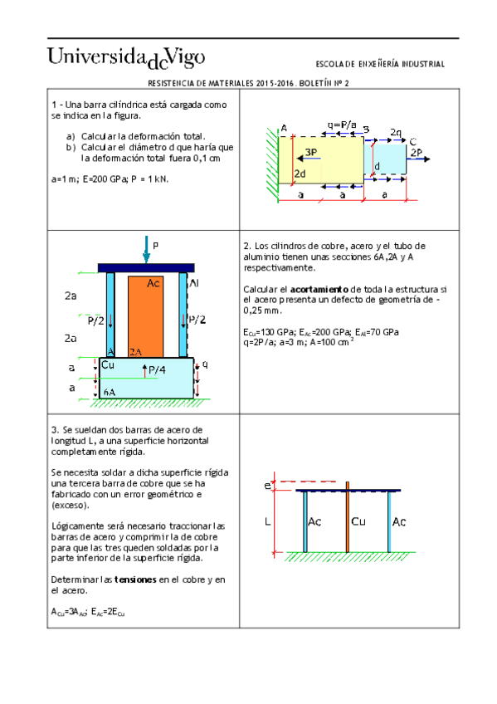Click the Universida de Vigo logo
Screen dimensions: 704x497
(x=125, y=58)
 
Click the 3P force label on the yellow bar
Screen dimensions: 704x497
(x=310, y=152)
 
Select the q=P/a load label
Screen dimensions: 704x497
(x=342, y=125)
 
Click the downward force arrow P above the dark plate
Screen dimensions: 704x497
(x=146, y=249)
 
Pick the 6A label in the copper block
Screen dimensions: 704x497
(x=110, y=389)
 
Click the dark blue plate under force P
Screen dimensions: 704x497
(x=146, y=267)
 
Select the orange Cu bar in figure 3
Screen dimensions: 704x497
(x=347, y=519)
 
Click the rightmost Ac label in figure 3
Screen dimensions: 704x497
(x=399, y=522)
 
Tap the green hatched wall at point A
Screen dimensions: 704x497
(x=272, y=162)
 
